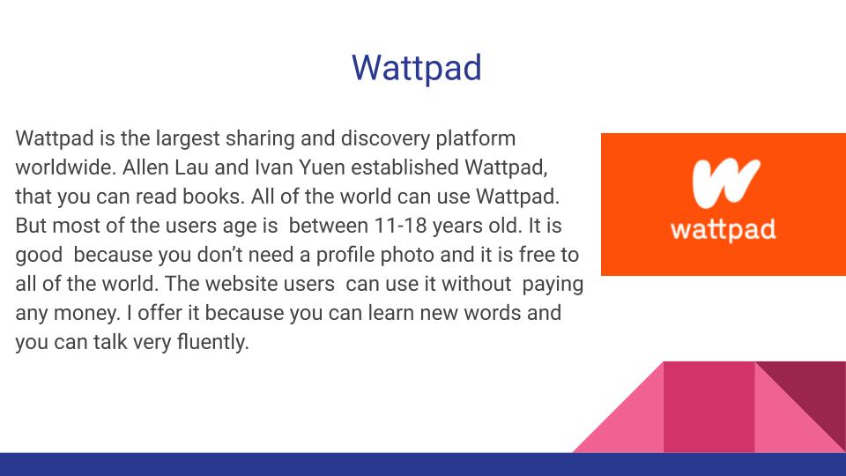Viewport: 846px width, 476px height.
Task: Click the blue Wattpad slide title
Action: pyautogui.click(x=417, y=68)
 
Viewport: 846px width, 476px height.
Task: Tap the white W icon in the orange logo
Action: pyautogui.click(x=726, y=183)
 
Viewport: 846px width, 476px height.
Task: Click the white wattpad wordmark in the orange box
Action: pyautogui.click(x=723, y=230)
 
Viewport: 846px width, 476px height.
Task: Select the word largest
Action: pyautogui.click(x=188, y=138)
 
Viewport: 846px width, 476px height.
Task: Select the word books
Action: pyautogui.click(x=213, y=197)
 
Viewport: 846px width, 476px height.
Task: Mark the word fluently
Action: pyautogui.click(x=213, y=343)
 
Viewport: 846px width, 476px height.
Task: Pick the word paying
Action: pyautogui.click(x=553, y=285)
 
